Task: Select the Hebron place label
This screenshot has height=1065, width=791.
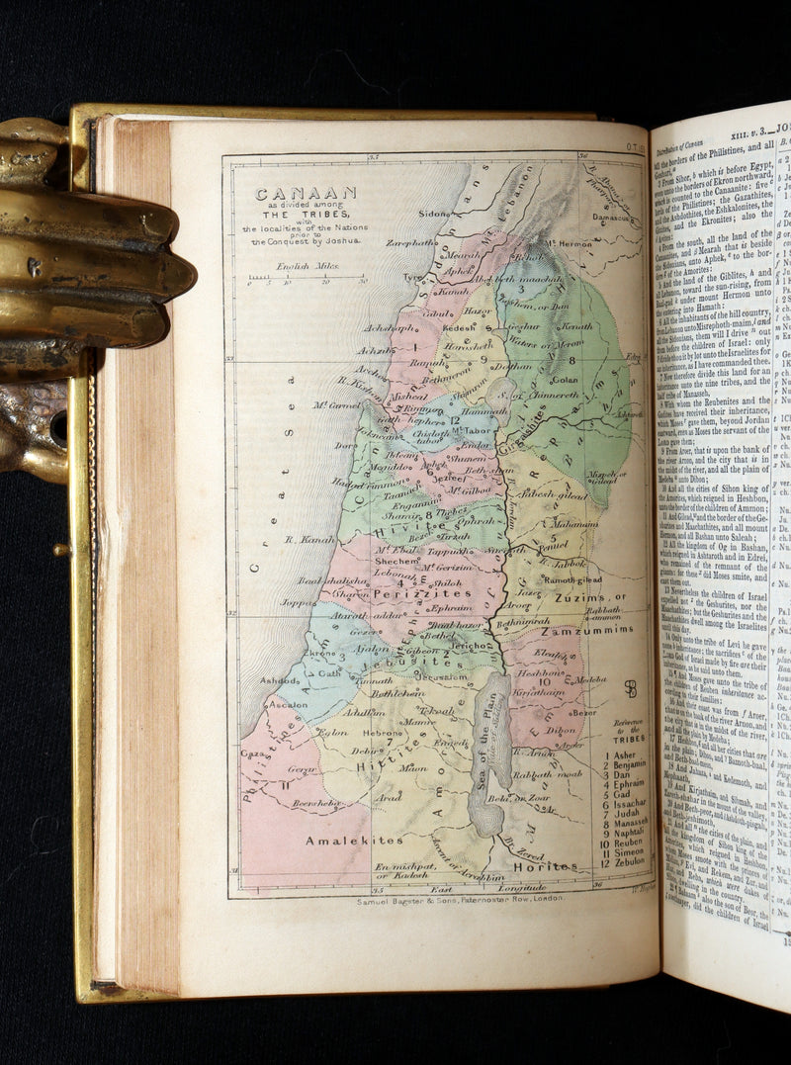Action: pyautogui.click(x=384, y=733)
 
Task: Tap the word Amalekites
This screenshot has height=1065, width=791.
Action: pyautogui.click(x=340, y=840)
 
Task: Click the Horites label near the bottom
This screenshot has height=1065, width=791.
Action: pyautogui.click(x=546, y=866)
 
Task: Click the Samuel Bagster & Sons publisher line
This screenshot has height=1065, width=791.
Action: pyautogui.click(x=461, y=899)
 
